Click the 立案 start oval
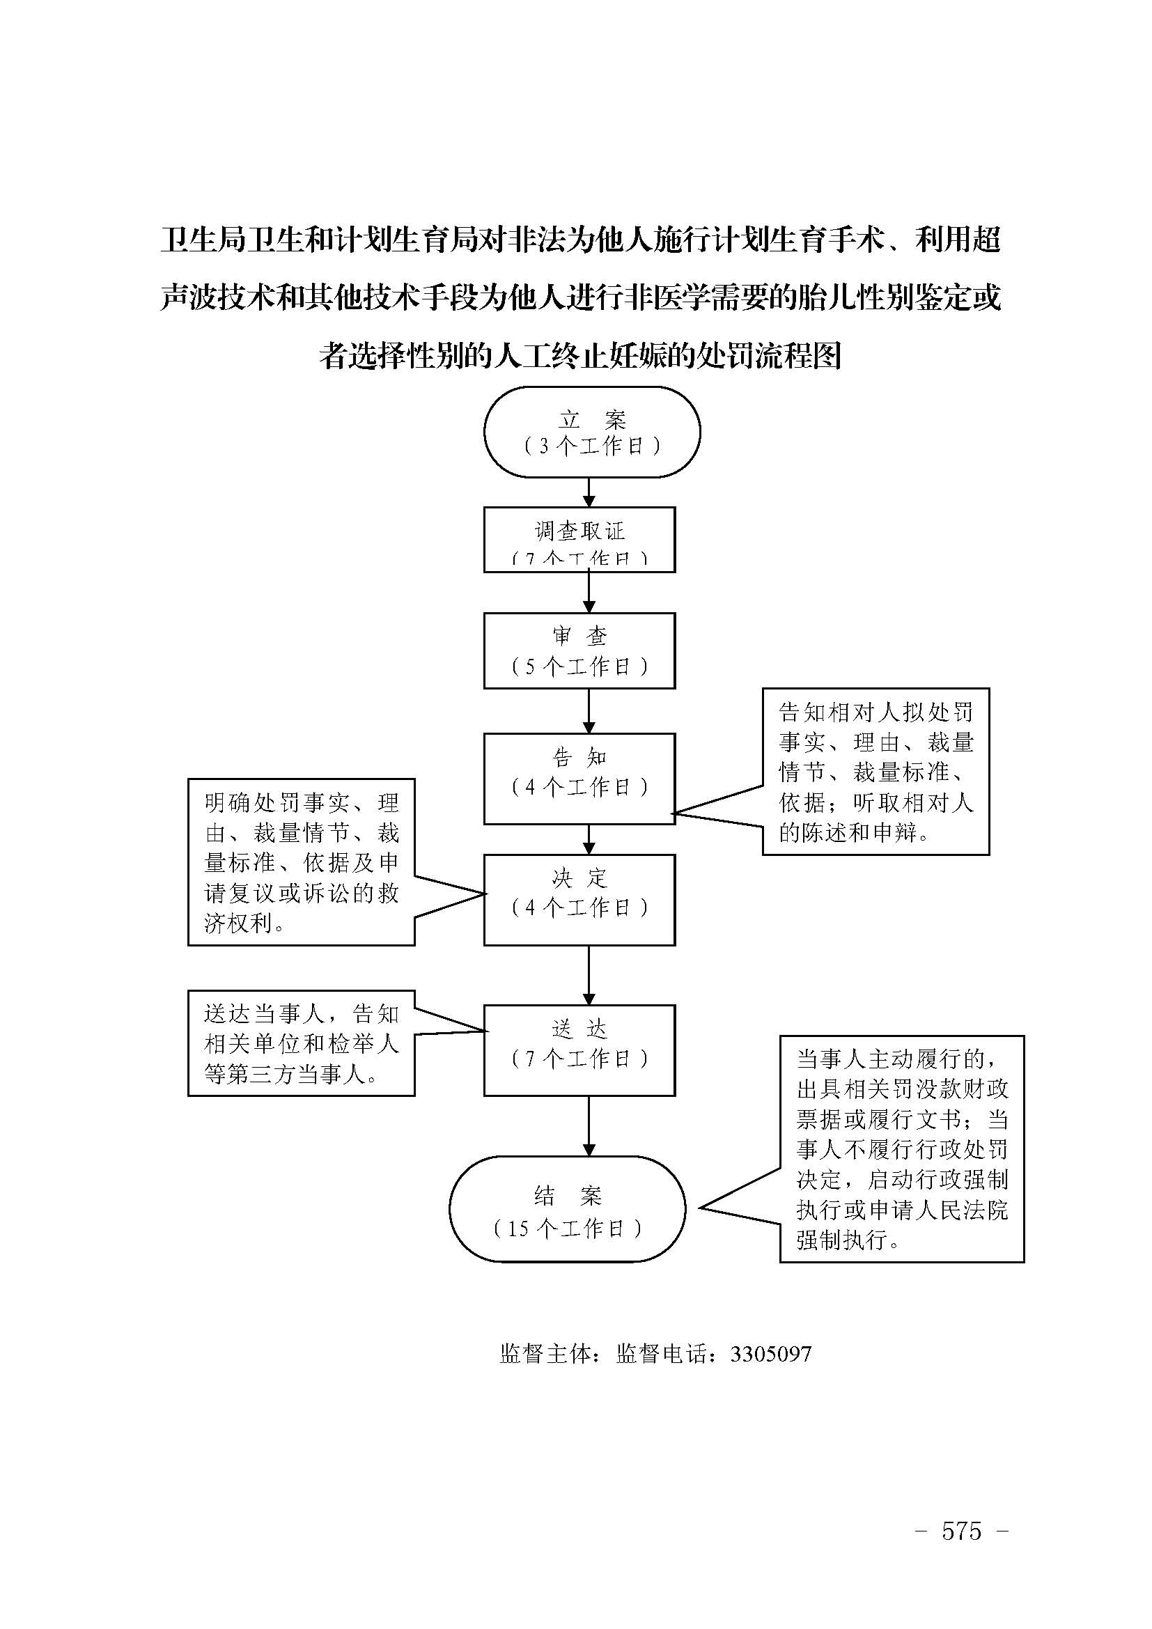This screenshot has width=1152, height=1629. click(591, 432)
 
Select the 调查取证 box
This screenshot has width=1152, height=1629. click(579, 539)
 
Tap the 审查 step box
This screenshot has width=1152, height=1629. click(579, 650)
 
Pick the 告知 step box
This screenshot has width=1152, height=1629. click(579, 779)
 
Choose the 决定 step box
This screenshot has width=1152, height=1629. click(579, 899)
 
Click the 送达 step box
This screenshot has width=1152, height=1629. click(579, 1050)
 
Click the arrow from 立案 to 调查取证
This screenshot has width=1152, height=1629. click(588, 492)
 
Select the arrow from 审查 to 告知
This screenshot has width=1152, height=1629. click(588, 710)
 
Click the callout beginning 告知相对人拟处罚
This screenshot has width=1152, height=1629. click(875, 771)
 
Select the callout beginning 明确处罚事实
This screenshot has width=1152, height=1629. click(301, 862)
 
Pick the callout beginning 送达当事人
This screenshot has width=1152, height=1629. click(301, 1043)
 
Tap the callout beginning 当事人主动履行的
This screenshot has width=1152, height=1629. click(901, 1148)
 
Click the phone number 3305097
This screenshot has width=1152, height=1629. click(770, 1355)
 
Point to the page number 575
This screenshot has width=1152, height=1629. click(961, 1531)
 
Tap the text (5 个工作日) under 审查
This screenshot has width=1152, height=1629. click(579, 667)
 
